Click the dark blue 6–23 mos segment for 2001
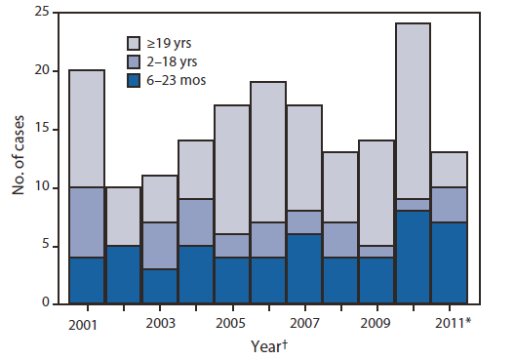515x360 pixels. [86, 280]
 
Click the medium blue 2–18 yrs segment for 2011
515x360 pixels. [449, 205]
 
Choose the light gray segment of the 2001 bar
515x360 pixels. [86, 129]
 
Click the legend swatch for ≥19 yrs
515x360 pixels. [138, 43]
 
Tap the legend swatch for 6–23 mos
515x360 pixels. [138, 80]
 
